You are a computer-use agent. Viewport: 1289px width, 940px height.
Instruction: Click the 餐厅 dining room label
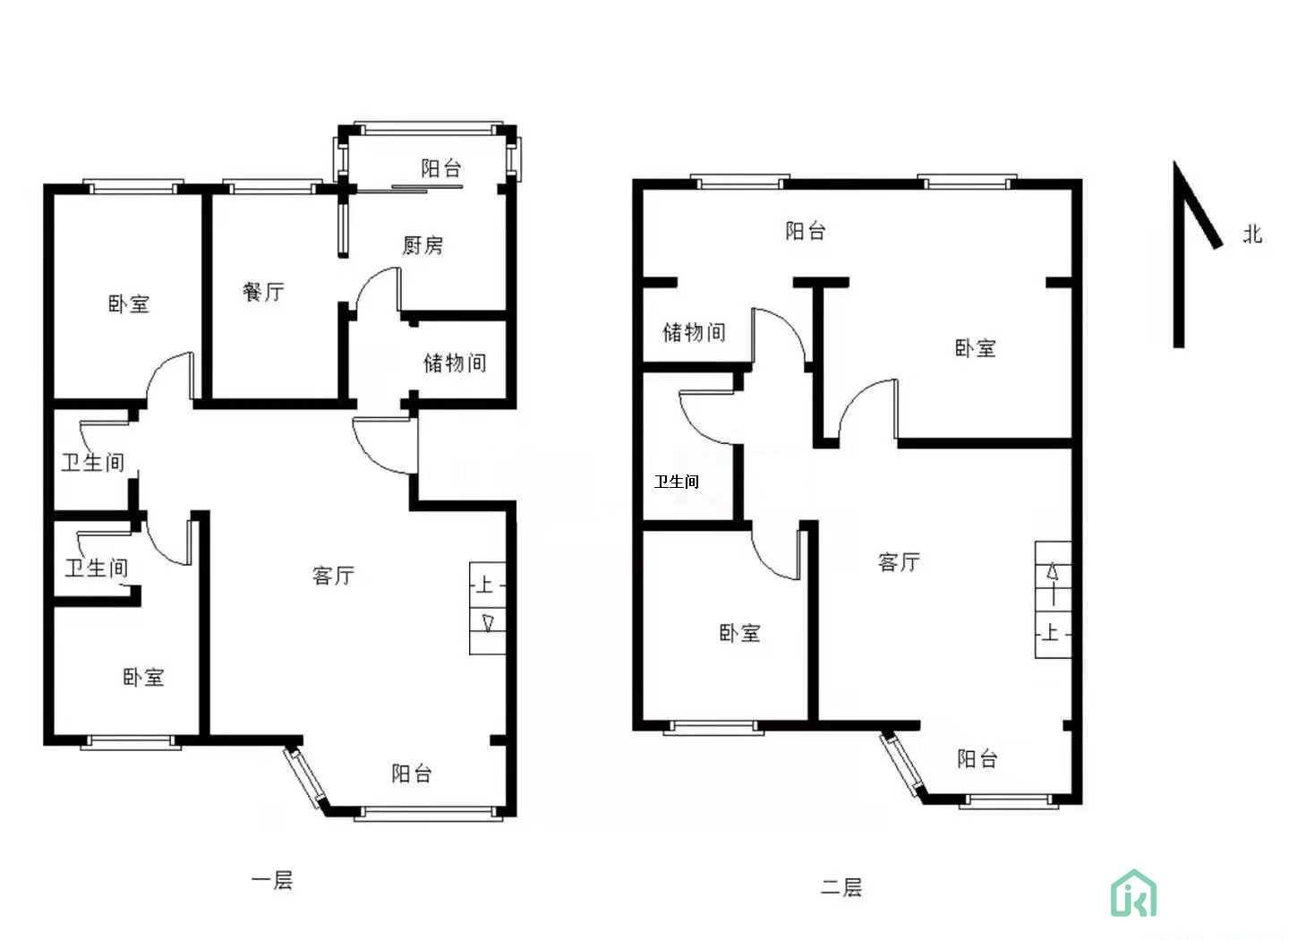(263, 292)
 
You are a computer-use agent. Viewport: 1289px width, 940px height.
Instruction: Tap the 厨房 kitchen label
(423, 245)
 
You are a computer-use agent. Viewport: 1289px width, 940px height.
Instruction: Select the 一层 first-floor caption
(272, 879)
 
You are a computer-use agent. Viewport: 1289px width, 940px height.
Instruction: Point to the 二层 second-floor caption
(841, 887)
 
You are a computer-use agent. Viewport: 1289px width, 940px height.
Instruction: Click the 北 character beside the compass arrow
(1252, 235)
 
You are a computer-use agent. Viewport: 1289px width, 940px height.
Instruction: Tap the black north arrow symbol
(1196, 254)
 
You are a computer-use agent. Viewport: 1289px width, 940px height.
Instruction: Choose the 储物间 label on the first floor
(455, 363)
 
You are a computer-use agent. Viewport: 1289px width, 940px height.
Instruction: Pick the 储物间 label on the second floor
(694, 332)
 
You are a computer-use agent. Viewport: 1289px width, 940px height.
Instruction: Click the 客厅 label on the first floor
(333, 575)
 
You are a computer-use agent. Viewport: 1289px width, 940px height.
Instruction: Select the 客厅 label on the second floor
(899, 562)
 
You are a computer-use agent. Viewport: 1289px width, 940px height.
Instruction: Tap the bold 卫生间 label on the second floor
(677, 482)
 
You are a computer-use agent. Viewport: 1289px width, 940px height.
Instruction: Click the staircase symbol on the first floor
(488, 609)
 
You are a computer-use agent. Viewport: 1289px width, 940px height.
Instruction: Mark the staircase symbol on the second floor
(1053, 599)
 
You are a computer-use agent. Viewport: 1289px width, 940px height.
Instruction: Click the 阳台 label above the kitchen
(441, 168)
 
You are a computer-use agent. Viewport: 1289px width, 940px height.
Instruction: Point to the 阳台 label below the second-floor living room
(977, 758)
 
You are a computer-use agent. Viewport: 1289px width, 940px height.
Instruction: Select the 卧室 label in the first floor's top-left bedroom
(129, 303)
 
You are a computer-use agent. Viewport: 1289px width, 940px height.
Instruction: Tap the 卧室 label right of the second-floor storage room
(976, 348)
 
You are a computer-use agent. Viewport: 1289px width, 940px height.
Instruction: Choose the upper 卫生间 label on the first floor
(93, 462)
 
